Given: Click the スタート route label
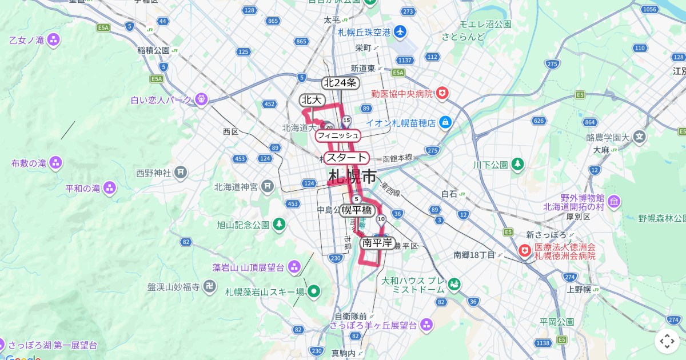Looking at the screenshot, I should (346, 158).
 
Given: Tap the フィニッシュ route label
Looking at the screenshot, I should (338, 135).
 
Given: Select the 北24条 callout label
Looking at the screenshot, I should (340, 83).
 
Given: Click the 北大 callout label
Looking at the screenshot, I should (312, 100).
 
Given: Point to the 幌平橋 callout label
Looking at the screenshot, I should (357, 210).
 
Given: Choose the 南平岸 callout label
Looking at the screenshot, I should (377, 243).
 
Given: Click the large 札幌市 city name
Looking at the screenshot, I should (353, 177).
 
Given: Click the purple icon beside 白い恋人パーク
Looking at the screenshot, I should (201, 100).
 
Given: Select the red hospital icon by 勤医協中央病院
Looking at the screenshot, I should (442, 93).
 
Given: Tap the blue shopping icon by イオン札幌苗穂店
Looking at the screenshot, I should (446, 122).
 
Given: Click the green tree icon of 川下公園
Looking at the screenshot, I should (517, 165).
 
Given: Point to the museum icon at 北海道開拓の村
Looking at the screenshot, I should (614, 202).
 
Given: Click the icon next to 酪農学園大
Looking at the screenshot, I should (639, 137).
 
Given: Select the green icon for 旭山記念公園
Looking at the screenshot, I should (279, 225).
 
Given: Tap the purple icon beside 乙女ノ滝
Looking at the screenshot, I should (53, 40).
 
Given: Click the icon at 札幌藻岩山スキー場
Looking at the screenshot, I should (313, 292).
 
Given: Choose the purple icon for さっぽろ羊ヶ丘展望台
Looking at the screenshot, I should (426, 325).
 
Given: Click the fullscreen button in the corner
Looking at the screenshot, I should (667, 341).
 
